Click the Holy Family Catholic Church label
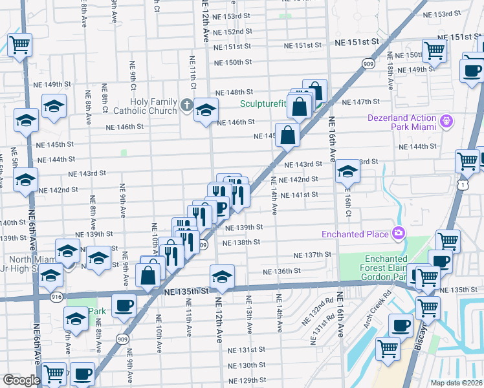(x=153, y=106)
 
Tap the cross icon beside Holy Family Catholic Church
(x=186, y=105)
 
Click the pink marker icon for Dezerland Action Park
(x=445, y=121)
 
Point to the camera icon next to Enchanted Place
(x=397, y=233)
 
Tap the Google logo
(x=21, y=380)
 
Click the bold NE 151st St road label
(x=357, y=41)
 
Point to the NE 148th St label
(x=234, y=92)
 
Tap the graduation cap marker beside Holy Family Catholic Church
(x=206, y=111)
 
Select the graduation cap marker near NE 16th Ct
(x=347, y=172)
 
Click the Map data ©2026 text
(x=455, y=382)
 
